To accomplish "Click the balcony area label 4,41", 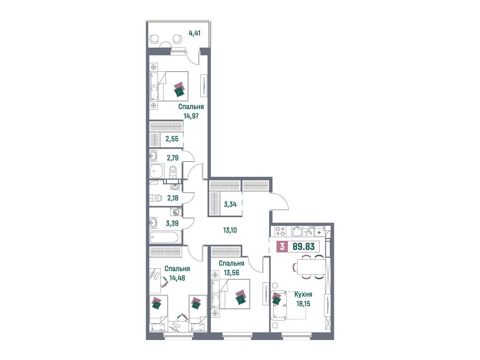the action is [x=194, y=34].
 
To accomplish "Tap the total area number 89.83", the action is [x=304, y=246].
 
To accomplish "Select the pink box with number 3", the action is [x=282, y=246].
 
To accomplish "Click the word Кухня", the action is [x=303, y=294].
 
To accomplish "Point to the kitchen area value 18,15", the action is [x=303, y=304].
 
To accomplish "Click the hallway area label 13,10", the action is [x=230, y=230].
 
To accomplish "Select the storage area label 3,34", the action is [x=230, y=204].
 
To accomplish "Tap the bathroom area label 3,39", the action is [x=172, y=223].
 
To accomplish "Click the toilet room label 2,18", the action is [x=173, y=198].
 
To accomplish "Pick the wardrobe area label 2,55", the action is [x=172, y=139].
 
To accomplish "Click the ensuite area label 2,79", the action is [x=173, y=158].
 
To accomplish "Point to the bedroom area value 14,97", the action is [x=191, y=116].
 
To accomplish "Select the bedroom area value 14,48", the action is [x=177, y=278].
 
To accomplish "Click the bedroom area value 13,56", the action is [x=231, y=273].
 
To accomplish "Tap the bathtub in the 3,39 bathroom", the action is [x=164, y=237].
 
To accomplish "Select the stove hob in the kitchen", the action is [x=280, y=231].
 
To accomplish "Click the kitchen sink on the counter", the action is [x=297, y=232].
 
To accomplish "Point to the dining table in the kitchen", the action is [x=311, y=266].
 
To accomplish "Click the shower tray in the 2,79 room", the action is [x=156, y=171].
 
